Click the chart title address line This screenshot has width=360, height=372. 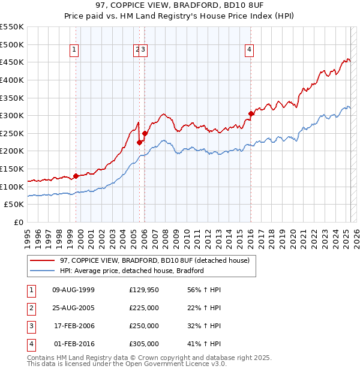[179, 5]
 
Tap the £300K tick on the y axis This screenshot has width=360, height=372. [12, 115]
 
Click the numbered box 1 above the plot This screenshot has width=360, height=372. [74, 50]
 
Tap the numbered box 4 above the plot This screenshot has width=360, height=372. [248, 50]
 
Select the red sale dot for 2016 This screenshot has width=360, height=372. [251, 113]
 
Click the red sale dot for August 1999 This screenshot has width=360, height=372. [76, 176]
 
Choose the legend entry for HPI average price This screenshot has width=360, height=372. [131, 271]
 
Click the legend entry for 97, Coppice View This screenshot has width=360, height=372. [158, 260]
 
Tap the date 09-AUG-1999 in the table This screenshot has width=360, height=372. [74, 290]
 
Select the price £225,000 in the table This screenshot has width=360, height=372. [144, 308]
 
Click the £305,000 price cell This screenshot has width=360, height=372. [144, 344]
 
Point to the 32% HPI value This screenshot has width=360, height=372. [205, 326]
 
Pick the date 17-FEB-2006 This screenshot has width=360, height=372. [74, 326]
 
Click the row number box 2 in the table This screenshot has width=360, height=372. [31, 308]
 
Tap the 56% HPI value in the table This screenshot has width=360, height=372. [205, 290]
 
